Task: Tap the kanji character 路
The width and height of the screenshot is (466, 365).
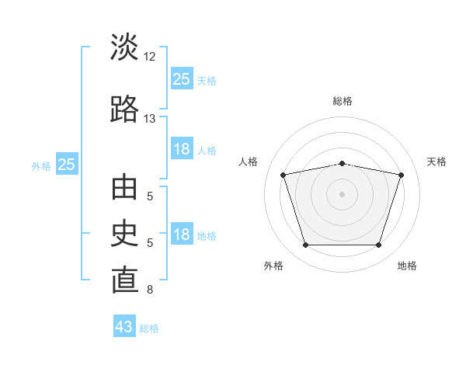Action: [x=124, y=109]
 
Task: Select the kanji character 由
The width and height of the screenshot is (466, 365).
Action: [x=124, y=188]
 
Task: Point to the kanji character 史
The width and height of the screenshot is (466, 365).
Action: [x=124, y=234]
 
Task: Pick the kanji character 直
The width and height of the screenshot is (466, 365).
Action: [x=124, y=281]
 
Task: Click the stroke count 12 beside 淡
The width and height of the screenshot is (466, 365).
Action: [x=150, y=57]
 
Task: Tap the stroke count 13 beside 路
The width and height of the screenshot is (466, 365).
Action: [x=150, y=119]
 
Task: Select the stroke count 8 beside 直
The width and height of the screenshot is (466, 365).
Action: [x=150, y=290]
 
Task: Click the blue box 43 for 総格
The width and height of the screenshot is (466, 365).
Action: [x=124, y=327]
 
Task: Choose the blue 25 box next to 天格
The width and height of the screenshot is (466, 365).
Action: [x=182, y=78]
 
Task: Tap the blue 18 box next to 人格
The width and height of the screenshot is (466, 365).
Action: [x=182, y=149]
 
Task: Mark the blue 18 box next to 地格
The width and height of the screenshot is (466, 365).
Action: [x=182, y=235]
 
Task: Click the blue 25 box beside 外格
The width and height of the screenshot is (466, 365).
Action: [x=67, y=164]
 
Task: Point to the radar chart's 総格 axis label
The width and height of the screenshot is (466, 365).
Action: [x=343, y=101]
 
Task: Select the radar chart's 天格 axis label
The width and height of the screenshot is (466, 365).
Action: [x=437, y=162]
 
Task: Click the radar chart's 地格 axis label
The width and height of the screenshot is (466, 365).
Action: [x=407, y=266]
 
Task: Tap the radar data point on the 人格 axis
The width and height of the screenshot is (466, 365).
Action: [x=283, y=175]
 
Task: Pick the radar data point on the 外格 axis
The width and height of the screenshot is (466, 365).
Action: [x=305, y=245]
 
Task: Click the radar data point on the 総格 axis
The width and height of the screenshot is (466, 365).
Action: [x=343, y=163]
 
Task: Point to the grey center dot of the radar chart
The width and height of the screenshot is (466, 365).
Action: [x=343, y=194]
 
